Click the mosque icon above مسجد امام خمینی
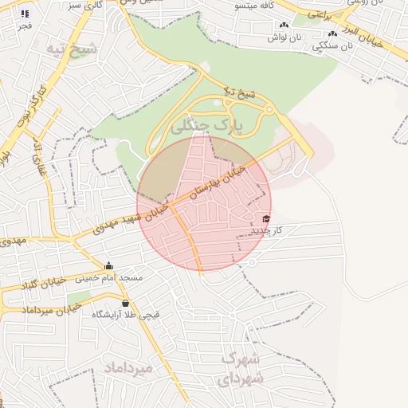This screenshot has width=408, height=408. coord(109,265)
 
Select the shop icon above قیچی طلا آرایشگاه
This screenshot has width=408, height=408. coord(125,303)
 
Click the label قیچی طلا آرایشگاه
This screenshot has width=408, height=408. coord(125,315)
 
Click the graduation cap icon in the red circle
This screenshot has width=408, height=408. coord(265,219)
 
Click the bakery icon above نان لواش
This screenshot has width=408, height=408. coord(284,25)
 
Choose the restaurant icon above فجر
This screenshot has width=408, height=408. coord(25,14)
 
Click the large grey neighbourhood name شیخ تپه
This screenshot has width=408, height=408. coord(72,49)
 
